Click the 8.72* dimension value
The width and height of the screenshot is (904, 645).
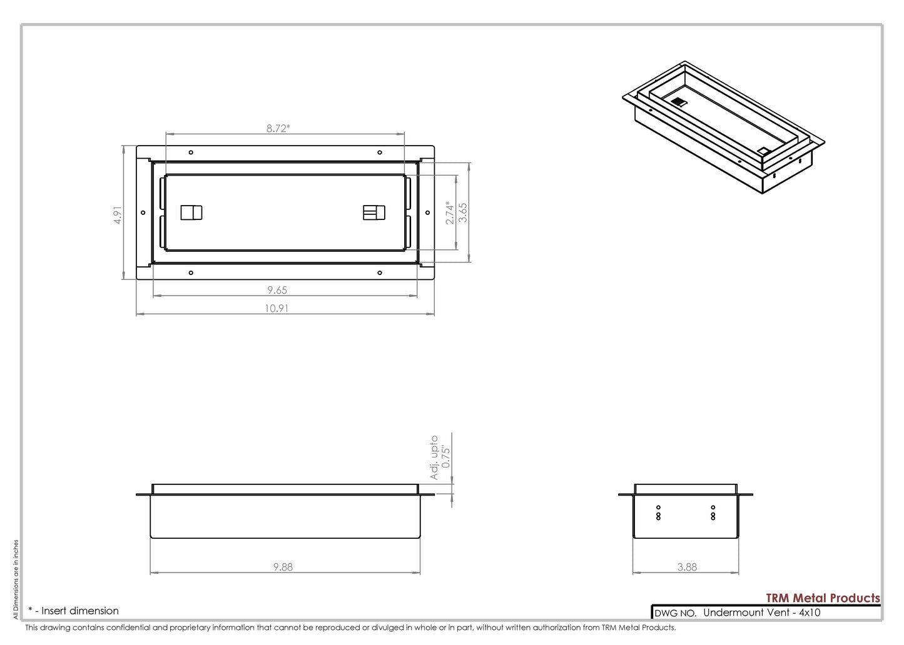tap(278, 128)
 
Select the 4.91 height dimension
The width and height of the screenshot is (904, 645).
tap(118, 214)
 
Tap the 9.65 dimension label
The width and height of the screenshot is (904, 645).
tap(277, 290)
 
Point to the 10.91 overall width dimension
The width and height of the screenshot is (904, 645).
tap(277, 308)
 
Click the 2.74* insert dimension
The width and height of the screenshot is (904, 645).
tap(450, 212)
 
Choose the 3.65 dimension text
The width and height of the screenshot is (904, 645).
tap(463, 212)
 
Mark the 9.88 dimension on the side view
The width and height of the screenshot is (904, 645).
tap(283, 567)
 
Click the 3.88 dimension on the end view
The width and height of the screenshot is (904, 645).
tap(686, 567)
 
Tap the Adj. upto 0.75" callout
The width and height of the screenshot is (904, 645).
tap(440, 457)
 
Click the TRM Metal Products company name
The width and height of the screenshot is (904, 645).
tap(823, 598)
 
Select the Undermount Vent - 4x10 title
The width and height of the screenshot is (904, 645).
tap(761, 612)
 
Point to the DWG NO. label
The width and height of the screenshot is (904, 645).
tap(675, 613)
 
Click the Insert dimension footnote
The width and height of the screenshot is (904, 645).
tap(74, 611)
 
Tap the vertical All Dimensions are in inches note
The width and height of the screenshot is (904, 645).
tap(16, 579)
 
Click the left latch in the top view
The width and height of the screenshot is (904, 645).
tap(191, 212)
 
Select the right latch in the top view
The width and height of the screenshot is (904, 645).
tap(374, 212)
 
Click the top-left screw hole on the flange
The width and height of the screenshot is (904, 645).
tap(191, 152)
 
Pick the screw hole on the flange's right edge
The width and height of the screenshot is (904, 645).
tap(427, 212)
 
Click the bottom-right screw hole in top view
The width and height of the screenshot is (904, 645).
tap(380, 272)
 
